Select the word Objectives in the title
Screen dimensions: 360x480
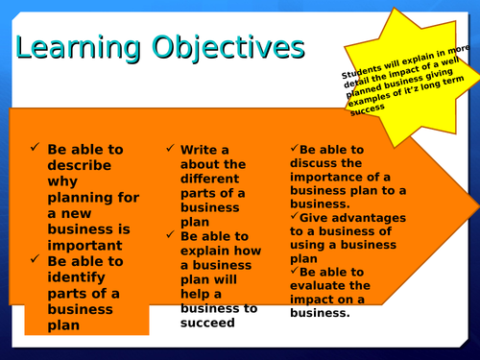[227, 48]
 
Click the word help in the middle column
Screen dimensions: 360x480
[196, 294]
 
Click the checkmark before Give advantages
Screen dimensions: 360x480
[295, 217]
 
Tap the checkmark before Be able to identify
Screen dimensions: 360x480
[36, 259]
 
